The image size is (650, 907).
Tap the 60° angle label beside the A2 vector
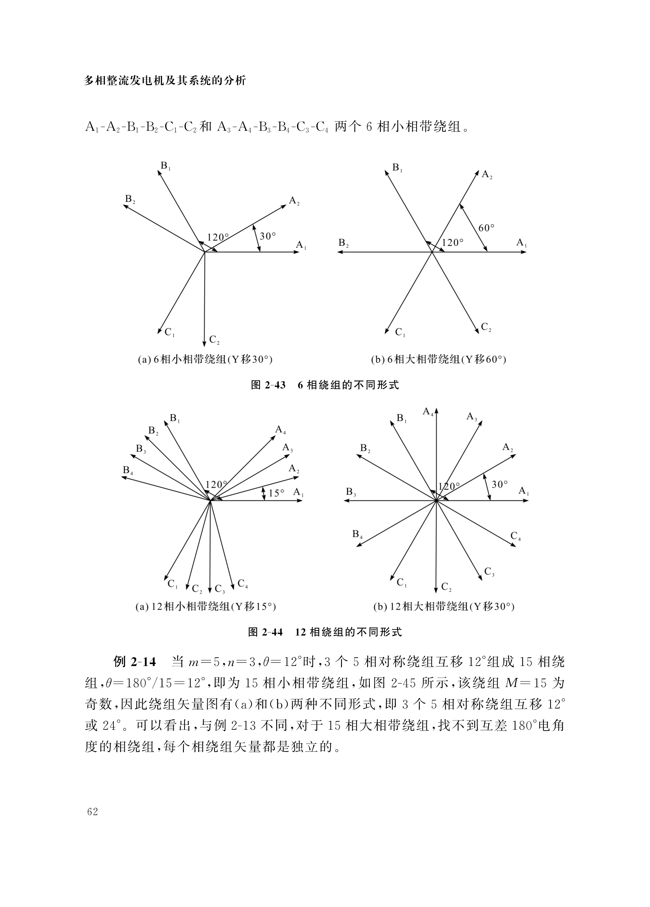point(486,228)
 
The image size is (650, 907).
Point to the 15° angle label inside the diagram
point(276,493)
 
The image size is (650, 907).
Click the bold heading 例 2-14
point(134,662)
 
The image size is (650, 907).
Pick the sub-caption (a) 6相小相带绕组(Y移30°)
point(205,360)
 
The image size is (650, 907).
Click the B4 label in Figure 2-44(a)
point(128,471)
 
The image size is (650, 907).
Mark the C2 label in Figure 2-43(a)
point(214,340)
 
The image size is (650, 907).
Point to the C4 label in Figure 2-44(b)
point(516,536)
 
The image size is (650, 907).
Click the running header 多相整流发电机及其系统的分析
point(165,81)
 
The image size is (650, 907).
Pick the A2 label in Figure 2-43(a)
point(294,201)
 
